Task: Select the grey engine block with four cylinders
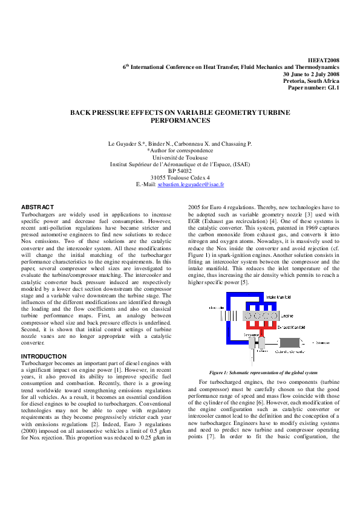tap(258, 315)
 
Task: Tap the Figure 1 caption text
tap(263, 372)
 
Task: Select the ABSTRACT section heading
tap(38, 207)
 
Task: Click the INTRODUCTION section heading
tap(44, 357)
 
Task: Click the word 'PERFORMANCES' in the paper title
tap(180, 120)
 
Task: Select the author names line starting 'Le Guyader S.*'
tap(180, 144)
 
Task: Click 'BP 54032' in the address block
tap(180, 170)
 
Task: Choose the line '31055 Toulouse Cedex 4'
tap(180, 177)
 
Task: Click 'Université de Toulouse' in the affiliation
tap(180, 157)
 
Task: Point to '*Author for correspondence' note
tap(180, 151)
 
